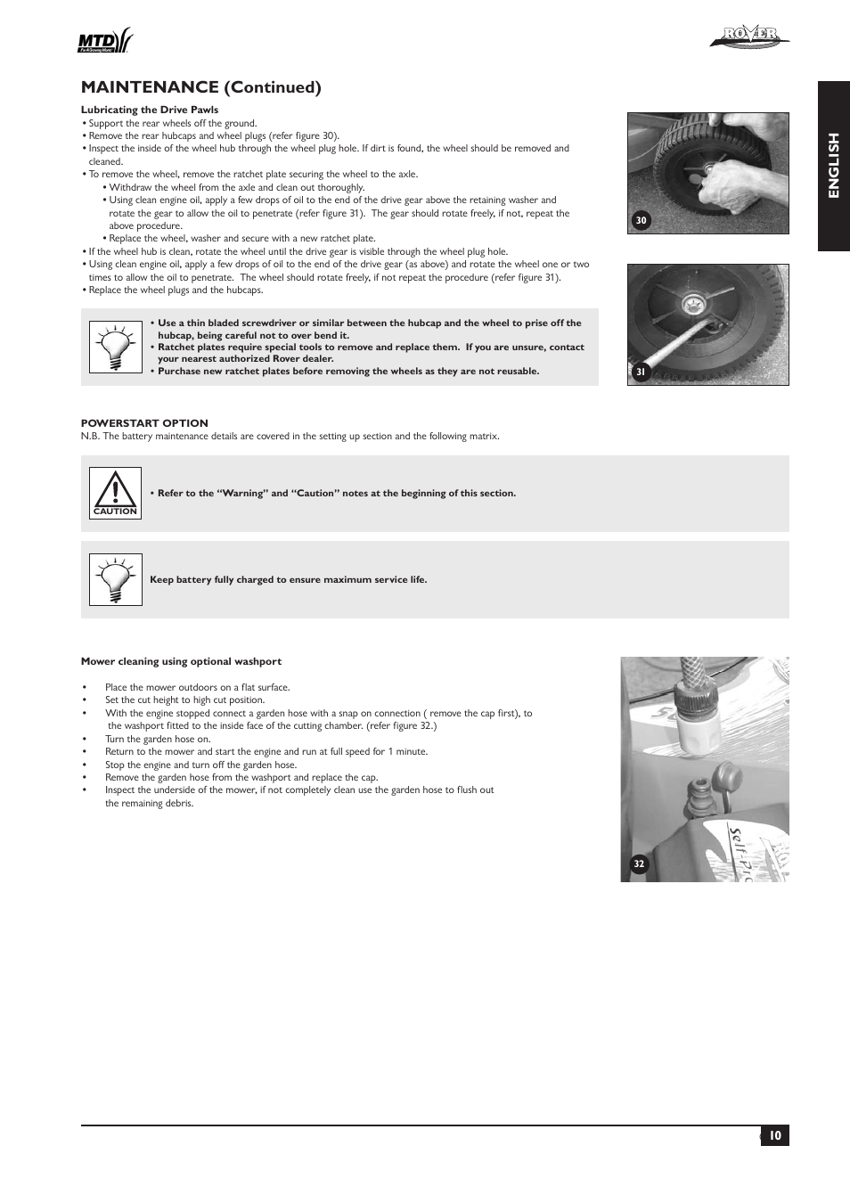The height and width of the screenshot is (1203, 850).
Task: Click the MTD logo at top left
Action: [105, 41]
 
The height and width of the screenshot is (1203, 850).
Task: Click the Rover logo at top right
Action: [749, 37]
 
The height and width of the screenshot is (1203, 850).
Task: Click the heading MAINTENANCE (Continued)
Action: [200, 86]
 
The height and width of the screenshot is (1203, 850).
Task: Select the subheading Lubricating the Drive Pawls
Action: [150, 110]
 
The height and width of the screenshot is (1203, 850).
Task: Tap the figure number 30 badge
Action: [640, 221]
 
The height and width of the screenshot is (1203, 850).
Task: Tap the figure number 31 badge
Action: [640, 372]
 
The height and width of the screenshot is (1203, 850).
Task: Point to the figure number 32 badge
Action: [638, 863]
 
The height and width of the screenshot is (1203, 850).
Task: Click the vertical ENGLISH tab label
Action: [833, 166]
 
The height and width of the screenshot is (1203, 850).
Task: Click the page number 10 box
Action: [774, 1135]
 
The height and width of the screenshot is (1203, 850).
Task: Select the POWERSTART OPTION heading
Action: [144, 423]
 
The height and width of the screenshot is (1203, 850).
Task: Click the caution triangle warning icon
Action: [115, 493]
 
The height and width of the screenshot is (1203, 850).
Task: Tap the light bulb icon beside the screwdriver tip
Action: [115, 347]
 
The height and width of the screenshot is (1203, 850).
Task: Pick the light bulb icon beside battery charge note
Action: [115, 579]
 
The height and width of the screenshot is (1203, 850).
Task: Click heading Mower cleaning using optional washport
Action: [181, 661]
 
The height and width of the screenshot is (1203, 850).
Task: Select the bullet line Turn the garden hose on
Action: [158, 739]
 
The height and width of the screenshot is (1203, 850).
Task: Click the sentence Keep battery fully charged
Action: [288, 579]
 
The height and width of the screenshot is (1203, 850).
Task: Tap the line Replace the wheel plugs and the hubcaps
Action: [176, 290]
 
